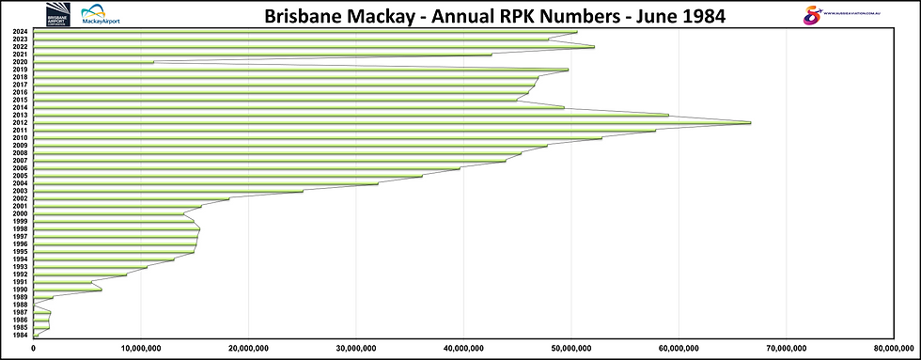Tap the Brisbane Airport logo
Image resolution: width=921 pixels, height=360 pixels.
(x=57, y=14)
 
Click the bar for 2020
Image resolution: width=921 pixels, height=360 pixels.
(x=94, y=62)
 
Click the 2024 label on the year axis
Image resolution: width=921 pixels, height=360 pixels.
(x=20, y=32)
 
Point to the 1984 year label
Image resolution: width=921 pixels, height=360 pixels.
(x=20, y=336)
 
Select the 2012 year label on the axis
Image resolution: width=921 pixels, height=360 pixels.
(x=20, y=123)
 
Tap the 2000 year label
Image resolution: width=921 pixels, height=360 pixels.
(x=20, y=214)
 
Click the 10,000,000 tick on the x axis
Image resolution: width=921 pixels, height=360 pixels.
(x=140, y=349)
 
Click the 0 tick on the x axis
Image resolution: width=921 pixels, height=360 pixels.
(x=34, y=349)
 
